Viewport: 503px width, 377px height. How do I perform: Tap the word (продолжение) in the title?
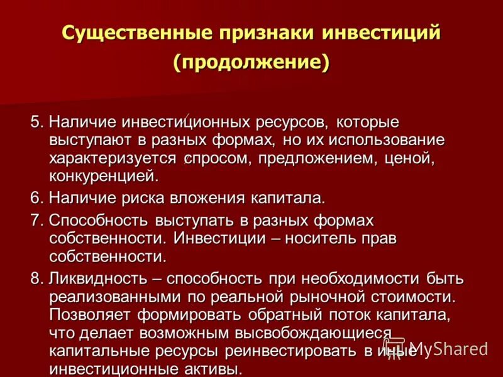(x=251, y=63)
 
